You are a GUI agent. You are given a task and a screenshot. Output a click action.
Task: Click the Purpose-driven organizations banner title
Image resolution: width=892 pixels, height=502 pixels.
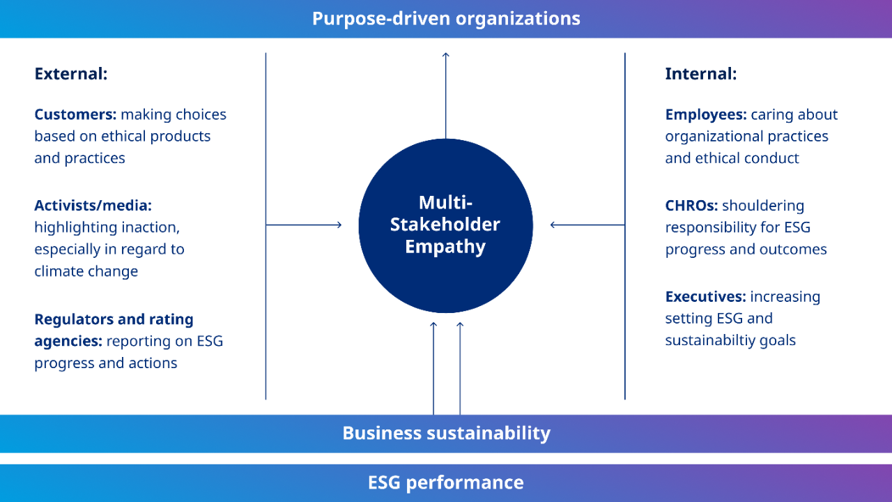point(446,18)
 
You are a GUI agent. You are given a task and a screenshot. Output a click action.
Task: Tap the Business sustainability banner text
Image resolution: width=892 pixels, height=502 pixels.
point(446,433)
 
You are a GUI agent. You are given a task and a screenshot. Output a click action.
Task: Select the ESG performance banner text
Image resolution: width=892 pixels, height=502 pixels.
point(446,482)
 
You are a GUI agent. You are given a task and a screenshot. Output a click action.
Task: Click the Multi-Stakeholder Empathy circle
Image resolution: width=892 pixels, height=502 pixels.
point(446,225)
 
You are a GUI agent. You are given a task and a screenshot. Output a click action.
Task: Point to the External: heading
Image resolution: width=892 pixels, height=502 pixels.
point(70,73)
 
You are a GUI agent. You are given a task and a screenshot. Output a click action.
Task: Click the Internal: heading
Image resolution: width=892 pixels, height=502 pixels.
point(700,73)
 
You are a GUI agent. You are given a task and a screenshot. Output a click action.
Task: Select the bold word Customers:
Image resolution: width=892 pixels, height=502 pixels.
point(75,114)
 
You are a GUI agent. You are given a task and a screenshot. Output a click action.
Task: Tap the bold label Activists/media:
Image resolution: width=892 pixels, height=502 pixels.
point(93,206)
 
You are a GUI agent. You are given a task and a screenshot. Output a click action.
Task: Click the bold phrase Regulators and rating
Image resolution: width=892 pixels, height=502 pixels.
point(114,319)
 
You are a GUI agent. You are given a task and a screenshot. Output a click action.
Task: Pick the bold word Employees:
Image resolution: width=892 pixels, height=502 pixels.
point(706,114)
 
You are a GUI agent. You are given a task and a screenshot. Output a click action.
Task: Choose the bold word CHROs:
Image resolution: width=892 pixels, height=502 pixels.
point(691,206)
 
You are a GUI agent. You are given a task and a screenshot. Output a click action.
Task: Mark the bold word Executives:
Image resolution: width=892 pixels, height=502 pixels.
point(705,296)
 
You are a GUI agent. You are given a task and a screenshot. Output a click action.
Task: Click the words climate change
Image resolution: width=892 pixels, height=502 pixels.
point(86,271)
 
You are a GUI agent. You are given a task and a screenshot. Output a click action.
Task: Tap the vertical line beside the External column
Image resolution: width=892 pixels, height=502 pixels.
point(266,227)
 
